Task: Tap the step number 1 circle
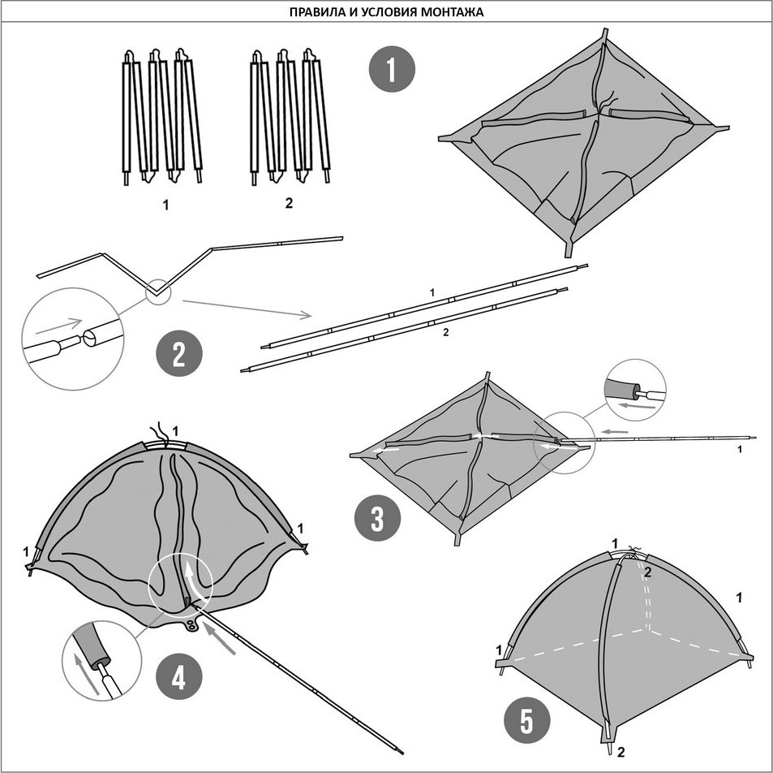tap(392, 69)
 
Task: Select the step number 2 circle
tap(179, 353)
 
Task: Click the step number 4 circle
tap(178, 676)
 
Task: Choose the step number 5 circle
tap(526, 722)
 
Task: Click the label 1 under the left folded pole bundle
tap(166, 205)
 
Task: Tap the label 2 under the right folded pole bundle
tap(289, 202)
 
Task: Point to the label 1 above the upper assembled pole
tap(432, 292)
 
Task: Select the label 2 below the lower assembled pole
tap(445, 332)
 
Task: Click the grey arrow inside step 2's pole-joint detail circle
tap(58, 326)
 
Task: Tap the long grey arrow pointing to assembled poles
tap(247, 308)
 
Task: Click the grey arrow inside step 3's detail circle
tap(638, 406)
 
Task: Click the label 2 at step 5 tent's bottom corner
tap(621, 752)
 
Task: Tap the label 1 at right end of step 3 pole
tap(740, 449)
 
